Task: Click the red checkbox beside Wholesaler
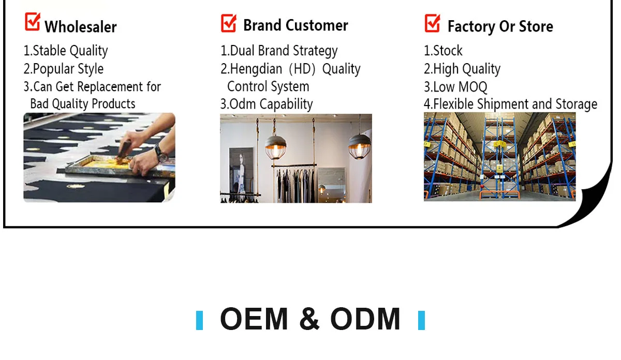[x=33, y=22]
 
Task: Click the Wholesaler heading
[x=80, y=27]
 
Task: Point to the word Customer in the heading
[x=317, y=25]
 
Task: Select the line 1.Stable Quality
[x=66, y=51]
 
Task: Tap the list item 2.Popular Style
[x=64, y=69]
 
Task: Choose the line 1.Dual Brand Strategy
[x=279, y=51]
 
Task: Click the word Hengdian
[x=256, y=69]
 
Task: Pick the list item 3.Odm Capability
[x=267, y=104]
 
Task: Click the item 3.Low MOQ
[x=455, y=87]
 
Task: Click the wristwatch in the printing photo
[x=160, y=153]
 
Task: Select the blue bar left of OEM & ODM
[x=199, y=320]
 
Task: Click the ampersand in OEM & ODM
[x=309, y=319]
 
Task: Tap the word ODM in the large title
[x=365, y=319]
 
